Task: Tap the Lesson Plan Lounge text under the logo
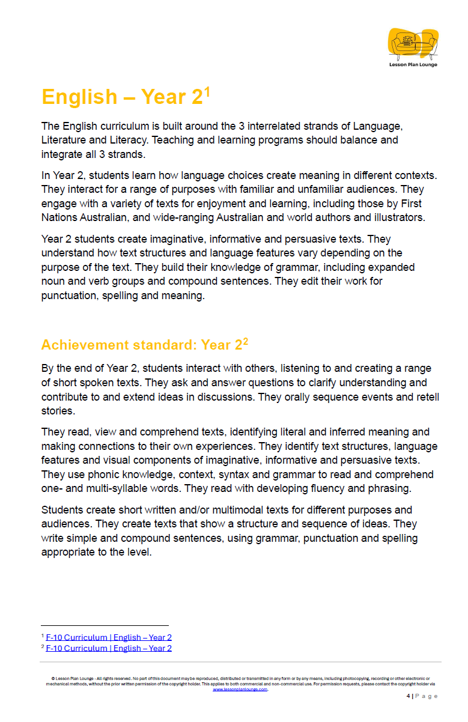tap(413, 64)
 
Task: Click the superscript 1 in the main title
tap(207, 91)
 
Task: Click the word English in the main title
tap(79, 97)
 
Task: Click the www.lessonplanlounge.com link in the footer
tap(240, 690)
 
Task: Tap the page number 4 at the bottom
tap(408, 696)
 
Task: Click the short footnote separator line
tap(105, 626)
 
